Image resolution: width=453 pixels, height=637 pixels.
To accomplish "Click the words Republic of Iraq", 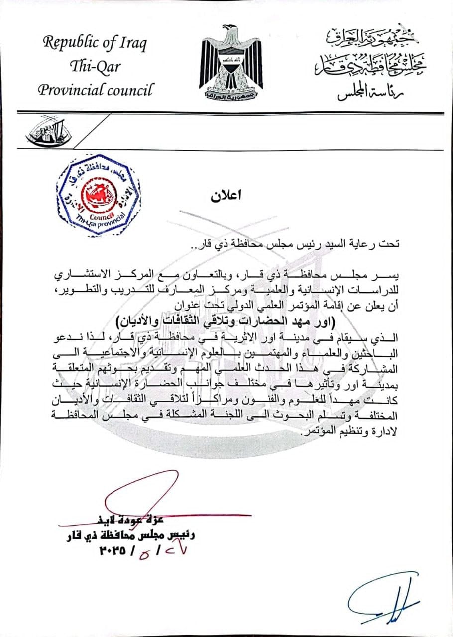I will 95,43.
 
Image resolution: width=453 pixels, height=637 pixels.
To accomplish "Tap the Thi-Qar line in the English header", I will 95,66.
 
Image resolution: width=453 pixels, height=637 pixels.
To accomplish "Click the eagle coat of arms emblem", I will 230,63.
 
